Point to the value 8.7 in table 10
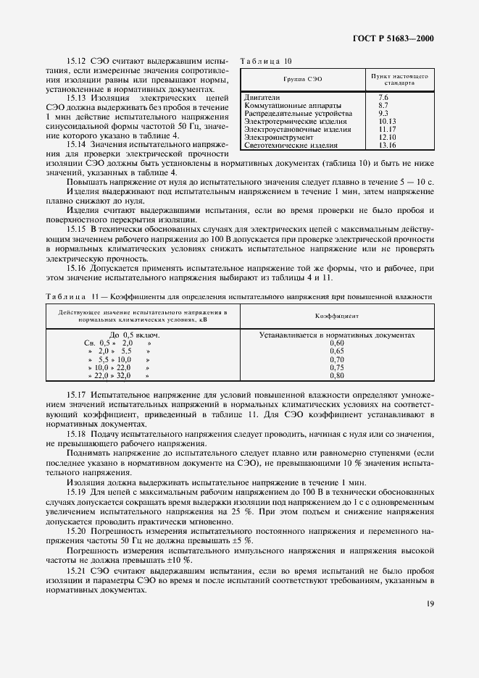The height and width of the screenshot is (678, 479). click(x=383, y=105)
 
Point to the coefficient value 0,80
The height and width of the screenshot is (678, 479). click(x=337, y=376)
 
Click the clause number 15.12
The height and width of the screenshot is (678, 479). click(x=77, y=63)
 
